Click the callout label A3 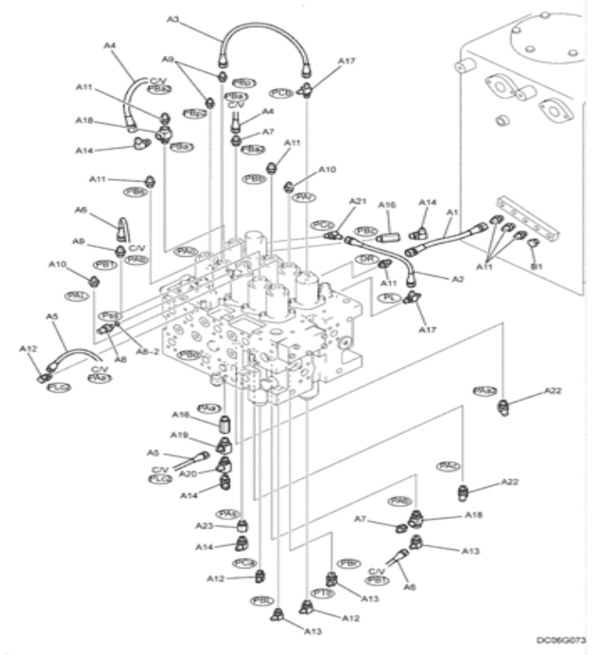173,18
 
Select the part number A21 357,202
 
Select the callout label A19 179,434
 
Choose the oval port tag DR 367,259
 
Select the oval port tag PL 388,298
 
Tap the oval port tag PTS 322,593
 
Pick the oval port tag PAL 78,296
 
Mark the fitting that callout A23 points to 243,526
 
